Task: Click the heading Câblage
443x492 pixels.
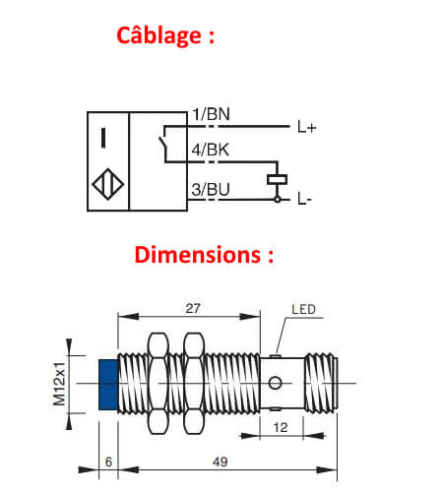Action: (165, 35)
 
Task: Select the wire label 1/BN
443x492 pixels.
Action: (211, 115)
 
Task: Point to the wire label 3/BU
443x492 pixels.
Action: (211, 189)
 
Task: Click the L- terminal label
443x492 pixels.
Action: (305, 200)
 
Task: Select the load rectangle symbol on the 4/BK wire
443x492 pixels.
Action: (277, 180)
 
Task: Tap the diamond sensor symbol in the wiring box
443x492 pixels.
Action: (107, 185)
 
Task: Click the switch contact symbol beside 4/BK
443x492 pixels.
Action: (163, 145)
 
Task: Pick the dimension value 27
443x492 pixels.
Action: (193, 308)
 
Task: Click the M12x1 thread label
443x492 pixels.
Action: (60, 382)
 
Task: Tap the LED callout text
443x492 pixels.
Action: (304, 313)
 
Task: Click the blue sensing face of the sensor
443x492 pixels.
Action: (108, 384)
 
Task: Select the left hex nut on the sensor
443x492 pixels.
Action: (157, 383)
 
